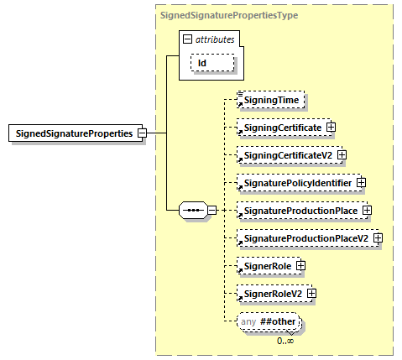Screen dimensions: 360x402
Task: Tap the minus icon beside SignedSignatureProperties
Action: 142,133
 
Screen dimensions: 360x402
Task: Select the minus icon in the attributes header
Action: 187,39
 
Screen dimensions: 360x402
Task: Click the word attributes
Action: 215,39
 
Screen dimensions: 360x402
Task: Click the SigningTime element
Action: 269,100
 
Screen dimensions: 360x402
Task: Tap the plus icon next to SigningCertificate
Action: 331,128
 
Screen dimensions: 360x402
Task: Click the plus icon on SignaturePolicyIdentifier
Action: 361,182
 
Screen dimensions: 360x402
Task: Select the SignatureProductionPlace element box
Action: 298,210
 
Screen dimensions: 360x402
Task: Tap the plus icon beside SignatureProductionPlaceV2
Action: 378,238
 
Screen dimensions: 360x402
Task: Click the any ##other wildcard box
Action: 268,322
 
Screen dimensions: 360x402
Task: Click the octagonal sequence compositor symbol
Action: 193,211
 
